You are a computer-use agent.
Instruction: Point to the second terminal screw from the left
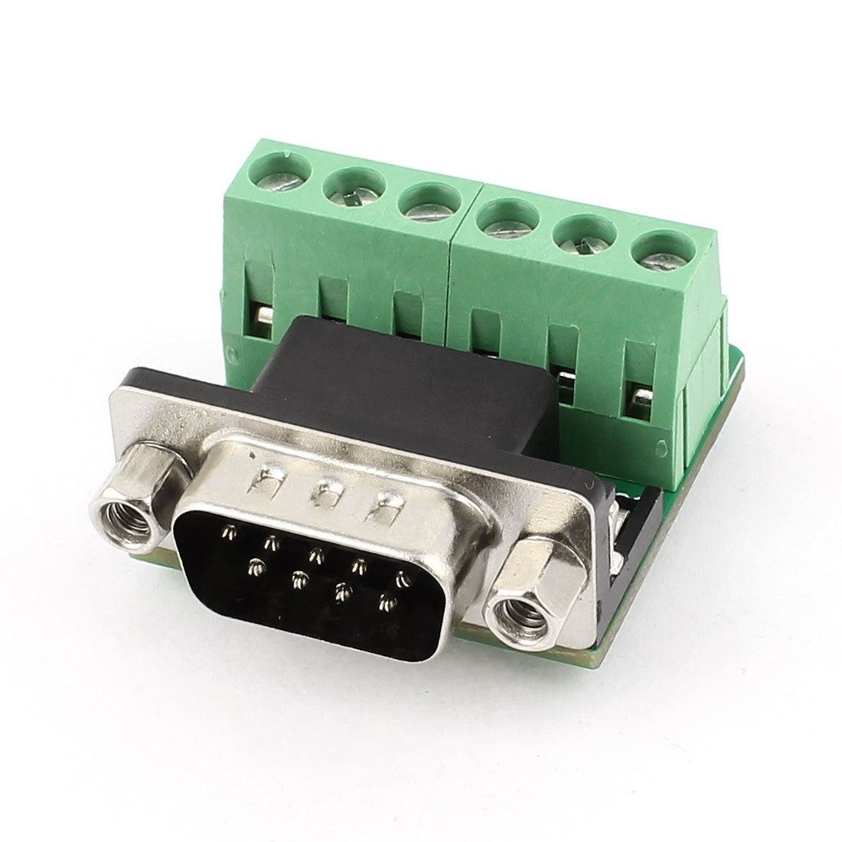click(x=354, y=191)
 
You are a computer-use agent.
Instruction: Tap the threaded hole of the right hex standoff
click(x=522, y=612)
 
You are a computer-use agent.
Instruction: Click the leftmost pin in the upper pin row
click(x=227, y=530)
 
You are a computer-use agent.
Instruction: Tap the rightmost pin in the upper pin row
click(x=397, y=576)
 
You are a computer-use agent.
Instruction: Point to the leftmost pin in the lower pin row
click(x=253, y=567)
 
